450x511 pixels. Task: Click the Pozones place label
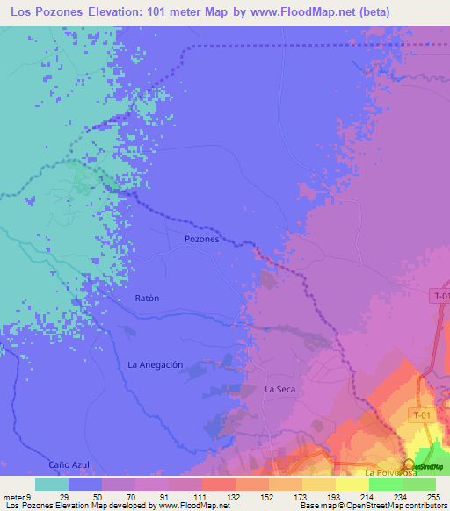click(x=201, y=239)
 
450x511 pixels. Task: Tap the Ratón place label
click(x=147, y=298)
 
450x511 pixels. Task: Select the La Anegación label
click(x=156, y=364)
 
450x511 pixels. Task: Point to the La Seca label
click(x=279, y=388)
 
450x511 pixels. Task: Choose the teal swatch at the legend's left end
click(x=51, y=484)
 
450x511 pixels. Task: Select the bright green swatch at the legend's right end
click(x=419, y=484)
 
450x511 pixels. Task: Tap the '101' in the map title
click(x=144, y=11)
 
